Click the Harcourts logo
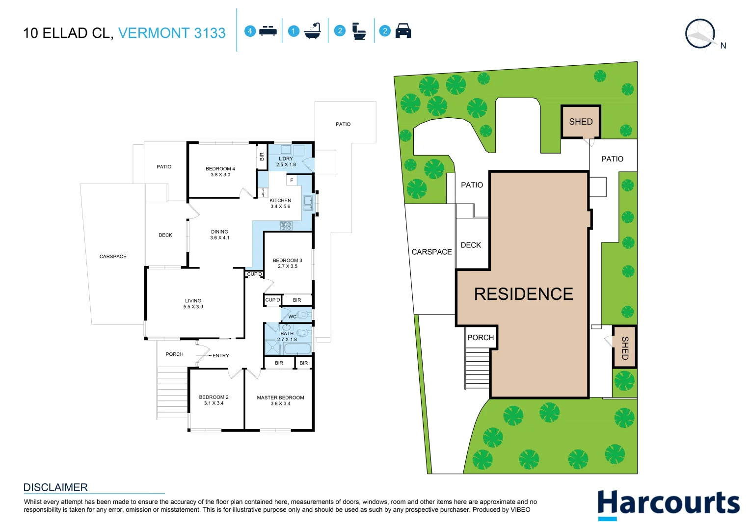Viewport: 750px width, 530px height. [668, 504]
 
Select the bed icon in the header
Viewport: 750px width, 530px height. [268, 31]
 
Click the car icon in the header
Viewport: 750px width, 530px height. [403, 31]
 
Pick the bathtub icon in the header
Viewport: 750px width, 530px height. [312, 31]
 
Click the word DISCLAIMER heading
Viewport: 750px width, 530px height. [55, 487]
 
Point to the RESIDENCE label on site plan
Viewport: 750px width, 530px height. [523, 294]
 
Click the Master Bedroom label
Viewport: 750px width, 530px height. [280, 397]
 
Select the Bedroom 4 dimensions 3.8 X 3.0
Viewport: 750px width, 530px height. [220, 175]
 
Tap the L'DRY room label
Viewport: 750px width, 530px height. [286, 159]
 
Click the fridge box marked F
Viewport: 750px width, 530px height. [292, 181]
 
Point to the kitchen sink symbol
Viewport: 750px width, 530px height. [308, 203]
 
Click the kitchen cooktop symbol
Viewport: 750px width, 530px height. [286, 226]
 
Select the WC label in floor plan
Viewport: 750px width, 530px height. [292, 317]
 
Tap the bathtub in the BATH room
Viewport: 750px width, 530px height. [297, 349]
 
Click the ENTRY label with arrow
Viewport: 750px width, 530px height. [220, 355]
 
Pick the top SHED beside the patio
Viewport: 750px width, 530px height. [581, 122]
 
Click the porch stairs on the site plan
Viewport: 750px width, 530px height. [477, 369]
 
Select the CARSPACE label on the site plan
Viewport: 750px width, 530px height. [431, 252]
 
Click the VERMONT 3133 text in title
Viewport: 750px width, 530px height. [172, 33]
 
